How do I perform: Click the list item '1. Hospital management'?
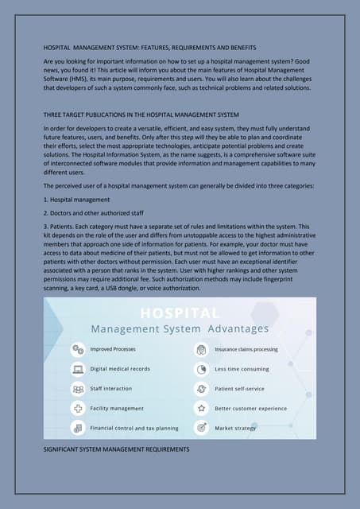76,199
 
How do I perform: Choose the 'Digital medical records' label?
121,369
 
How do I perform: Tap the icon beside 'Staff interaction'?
78,389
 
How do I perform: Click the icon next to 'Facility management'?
78,408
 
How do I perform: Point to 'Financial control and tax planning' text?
134,428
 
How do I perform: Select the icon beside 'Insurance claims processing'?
202,349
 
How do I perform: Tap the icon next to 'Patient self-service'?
202,389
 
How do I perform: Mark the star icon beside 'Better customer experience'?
202,408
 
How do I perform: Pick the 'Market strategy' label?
235,428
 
